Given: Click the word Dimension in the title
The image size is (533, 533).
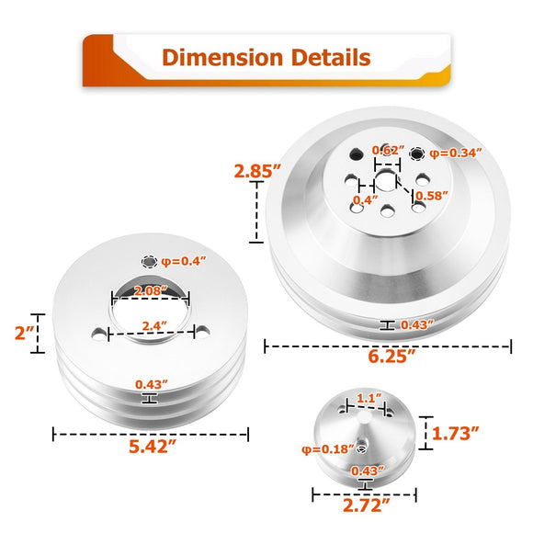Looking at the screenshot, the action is pyautogui.click(x=222, y=57).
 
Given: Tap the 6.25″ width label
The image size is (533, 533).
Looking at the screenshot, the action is pyautogui.click(x=391, y=357).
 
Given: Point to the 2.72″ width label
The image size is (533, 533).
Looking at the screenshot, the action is pyautogui.click(x=366, y=505).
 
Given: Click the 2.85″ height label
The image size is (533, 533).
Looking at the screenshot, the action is pyautogui.click(x=258, y=171).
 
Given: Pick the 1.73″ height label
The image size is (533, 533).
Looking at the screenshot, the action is pyautogui.click(x=456, y=434).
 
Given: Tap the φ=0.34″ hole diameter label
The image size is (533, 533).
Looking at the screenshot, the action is pyautogui.click(x=456, y=153).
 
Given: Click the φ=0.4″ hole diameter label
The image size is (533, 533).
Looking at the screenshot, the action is pyautogui.click(x=184, y=261).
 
